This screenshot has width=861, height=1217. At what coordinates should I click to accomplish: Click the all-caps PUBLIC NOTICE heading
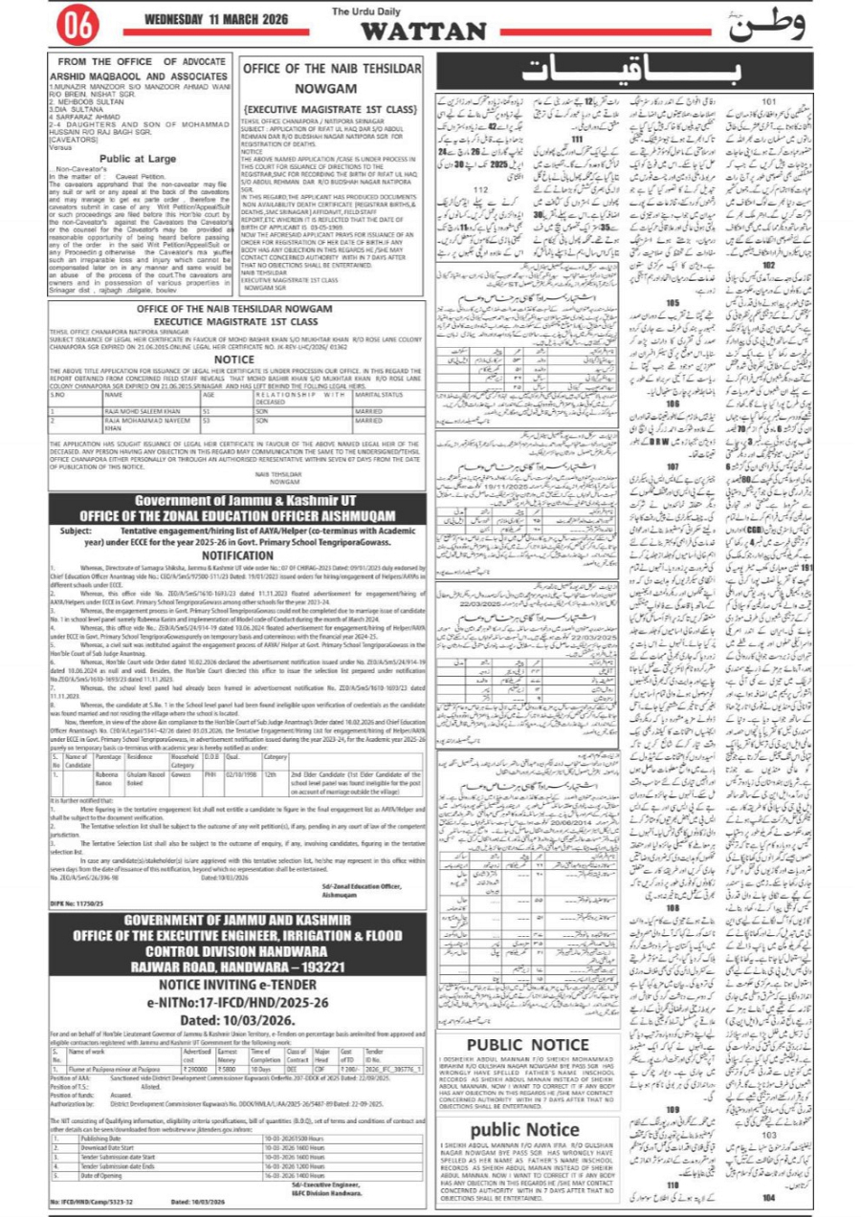[x=519, y=1044]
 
